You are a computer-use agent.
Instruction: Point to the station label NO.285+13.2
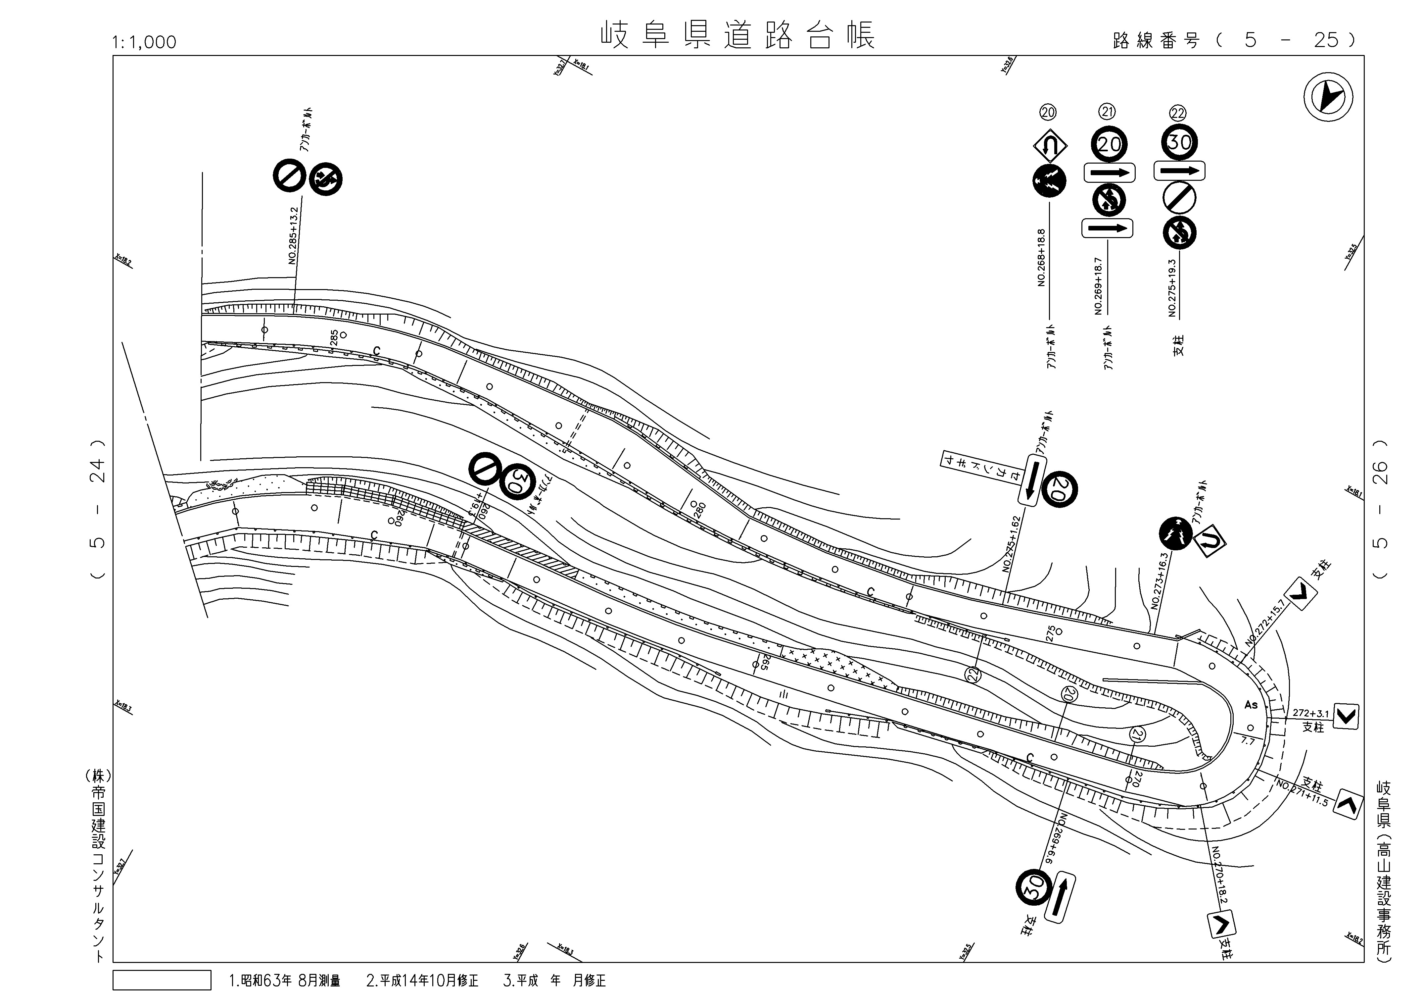coord(293,235)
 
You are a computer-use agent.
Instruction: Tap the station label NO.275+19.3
coord(1172,288)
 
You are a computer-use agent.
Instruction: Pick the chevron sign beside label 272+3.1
coord(1346,716)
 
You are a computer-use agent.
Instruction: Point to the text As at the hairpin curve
coord(1251,705)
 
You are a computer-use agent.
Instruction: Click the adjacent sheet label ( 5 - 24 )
coord(97,510)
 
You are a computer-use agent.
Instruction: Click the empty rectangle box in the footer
coord(162,980)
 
